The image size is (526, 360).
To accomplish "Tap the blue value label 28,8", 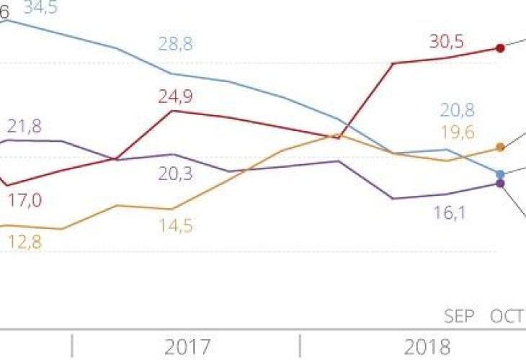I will tap(176, 45).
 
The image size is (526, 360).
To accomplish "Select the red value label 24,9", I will tap(176, 96).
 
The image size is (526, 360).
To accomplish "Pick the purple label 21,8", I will tap(24, 126).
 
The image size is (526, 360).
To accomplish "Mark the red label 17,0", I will tap(24, 200).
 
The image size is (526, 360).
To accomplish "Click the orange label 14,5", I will tap(176, 225).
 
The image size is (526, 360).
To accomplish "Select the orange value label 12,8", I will tap(24, 243).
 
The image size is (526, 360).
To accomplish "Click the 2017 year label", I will tap(187, 348).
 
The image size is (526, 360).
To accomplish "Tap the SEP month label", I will tap(460, 317).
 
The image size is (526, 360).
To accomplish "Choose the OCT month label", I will tap(507, 317).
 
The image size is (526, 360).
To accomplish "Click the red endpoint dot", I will tap(500, 48).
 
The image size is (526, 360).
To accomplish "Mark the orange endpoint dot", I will tap(500, 148).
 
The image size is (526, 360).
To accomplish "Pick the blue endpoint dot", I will tap(501, 174).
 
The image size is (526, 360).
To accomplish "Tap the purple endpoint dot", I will tap(501, 184).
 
